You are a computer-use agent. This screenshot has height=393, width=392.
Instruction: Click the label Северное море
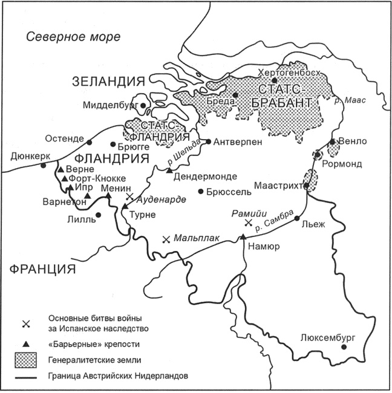pyautogui.click(x=73, y=37)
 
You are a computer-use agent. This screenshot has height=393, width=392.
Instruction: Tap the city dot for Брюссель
pyautogui.click(x=201, y=191)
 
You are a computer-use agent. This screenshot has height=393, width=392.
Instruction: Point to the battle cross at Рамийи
pyautogui.click(x=247, y=223)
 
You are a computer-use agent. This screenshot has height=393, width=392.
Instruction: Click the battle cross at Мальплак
pyautogui.click(x=166, y=239)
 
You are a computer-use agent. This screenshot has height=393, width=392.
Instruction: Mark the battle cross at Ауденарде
pyautogui.click(x=129, y=197)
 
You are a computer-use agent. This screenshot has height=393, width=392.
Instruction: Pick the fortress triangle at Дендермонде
pyautogui.click(x=169, y=171)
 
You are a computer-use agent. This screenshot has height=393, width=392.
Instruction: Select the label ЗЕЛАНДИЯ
pyautogui.click(x=109, y=82)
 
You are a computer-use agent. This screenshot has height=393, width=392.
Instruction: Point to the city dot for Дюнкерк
pyautogui.click(x=43, y=165)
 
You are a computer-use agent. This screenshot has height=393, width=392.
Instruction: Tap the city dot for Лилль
pyautogui.click(x=98, y=214)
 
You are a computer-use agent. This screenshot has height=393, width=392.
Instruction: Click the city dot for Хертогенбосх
pyautogui.click(x=274, y=80)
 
